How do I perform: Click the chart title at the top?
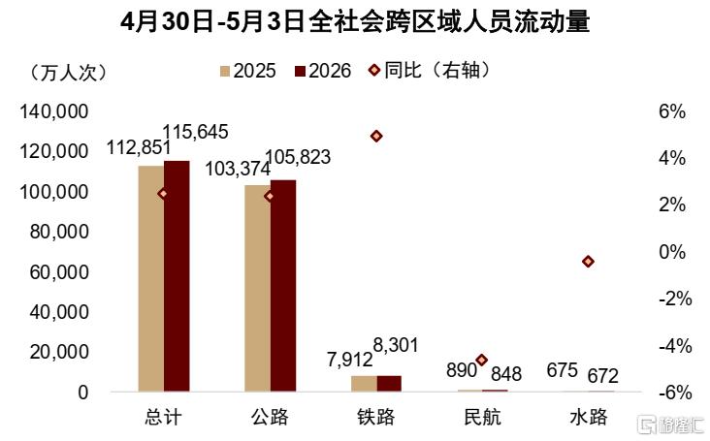pyautogui.click(x=355, y=22)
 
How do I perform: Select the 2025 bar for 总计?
pyautogui.click(x=151, y=278)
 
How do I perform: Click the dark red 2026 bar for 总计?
pyautogui.click(x=177, y=276)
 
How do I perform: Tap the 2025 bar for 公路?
pyautogui.click(x=258, y=288)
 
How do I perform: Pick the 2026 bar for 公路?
pyautogui.click(x=283, y=285)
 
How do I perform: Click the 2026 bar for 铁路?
pyautogui.click(x=389, y=383)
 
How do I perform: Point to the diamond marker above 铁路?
pyautogui.click(x=376, y=136)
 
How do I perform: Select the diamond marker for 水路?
pyautogui.click(x=588, y=262)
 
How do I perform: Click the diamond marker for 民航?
pyautogui.click(x=482, y=360)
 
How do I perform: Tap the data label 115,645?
pyautogui.click(x=195, y=132)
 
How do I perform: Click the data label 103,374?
pyautogui.click(x=238, y=170)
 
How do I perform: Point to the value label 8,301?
pyautogui.click(x=396, y=345)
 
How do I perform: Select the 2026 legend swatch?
pyautogui.click(x=301, y=71)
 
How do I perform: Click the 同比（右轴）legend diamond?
pyautogui.click(x=374, y=70)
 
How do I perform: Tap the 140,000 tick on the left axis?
pyautogui.click(x=54, y=111)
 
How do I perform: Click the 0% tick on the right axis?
pyautogui.click(x=672, y=252)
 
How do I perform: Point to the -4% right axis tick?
pyautogui.click(x=675, y=346)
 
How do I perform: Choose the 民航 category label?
pyautogui.click(x=483, y=417)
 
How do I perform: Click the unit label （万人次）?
pyautogui.click(x=69, y=73)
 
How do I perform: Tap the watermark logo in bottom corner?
pyautogui.click(x=670, y=425)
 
